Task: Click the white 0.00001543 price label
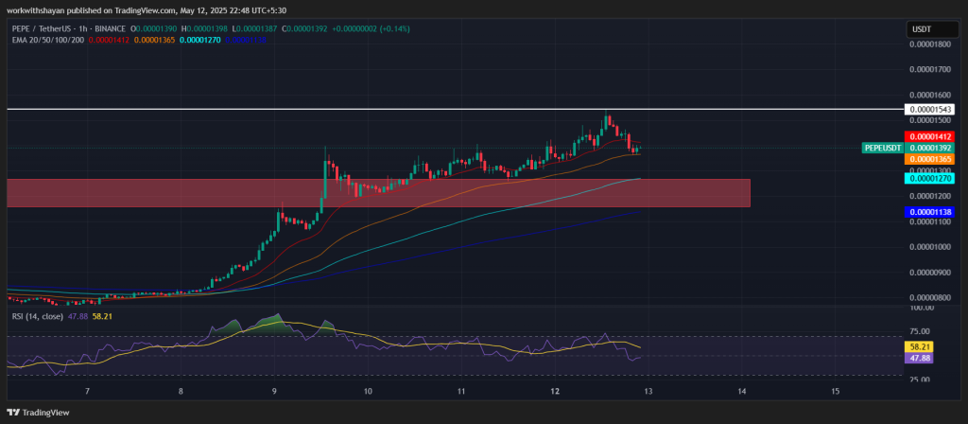click(x=931, y=110)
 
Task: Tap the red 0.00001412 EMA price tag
click(x=931, y=136)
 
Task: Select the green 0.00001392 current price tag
click(x=931, y=148)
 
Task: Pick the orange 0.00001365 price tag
click(x=931, y=159)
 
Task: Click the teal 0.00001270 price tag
click(x=931, y=178)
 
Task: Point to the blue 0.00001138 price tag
click(x=931, y=212)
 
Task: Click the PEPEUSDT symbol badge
click(x=883, y=148)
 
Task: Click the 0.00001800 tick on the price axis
click(x=931, y=44)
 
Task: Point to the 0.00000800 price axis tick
click(x=931, y=297)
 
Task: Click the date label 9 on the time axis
click(x=274, y=391)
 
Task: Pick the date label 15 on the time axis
click(x=835, y=391)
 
